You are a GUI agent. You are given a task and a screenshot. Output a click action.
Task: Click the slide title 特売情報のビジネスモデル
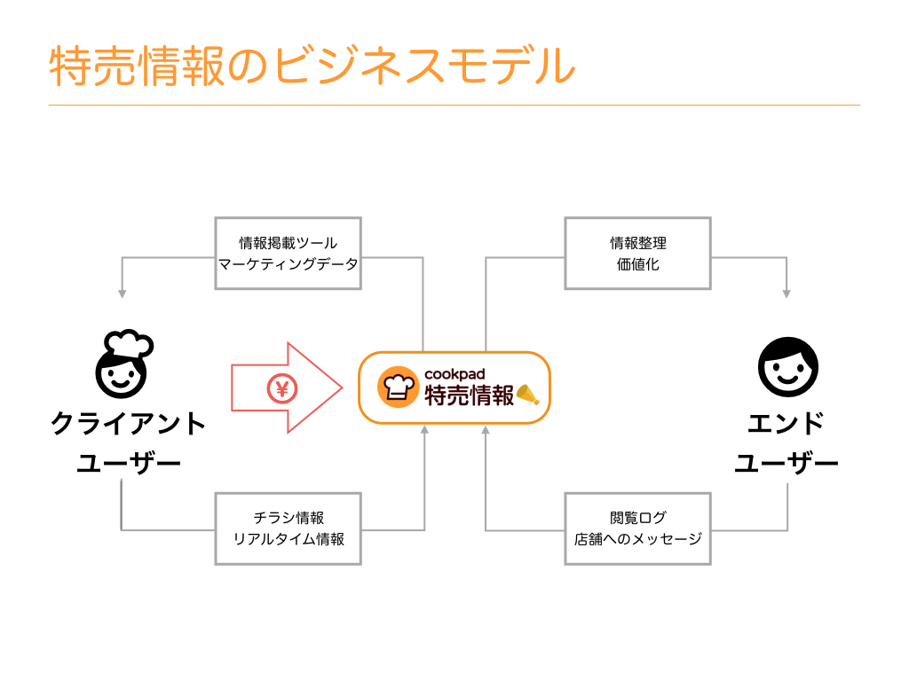click(x=312, y=66)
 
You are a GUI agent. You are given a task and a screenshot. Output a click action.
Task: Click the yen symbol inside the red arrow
click(x=282, y=388)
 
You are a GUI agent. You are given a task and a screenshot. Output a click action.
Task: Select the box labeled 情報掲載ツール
click(x=289, y=253)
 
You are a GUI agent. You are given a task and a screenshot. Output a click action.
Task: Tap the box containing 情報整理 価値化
click(x=637, y=253)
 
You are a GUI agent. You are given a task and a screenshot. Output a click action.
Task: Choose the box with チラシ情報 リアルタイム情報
click(x=289, y=528)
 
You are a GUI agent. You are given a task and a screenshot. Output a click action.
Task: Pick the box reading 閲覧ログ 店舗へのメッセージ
click(x=637, y=528)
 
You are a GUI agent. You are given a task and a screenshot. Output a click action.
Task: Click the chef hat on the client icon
click(x=128, y=343)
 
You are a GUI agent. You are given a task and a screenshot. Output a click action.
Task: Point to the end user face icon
click(x=788, y=366)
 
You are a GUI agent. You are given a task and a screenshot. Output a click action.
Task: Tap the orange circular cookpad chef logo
click(x=398, y=387)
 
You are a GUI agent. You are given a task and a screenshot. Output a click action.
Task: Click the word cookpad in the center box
click(x=454, y=375)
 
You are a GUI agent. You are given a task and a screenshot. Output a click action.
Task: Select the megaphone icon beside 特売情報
click(x=527, y=395)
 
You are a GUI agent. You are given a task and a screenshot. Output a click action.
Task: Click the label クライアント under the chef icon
click(x=128, y=423)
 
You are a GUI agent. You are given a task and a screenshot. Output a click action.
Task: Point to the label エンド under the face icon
click(x=786, y=423)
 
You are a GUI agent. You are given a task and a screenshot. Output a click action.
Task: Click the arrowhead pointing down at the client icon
click(x=122, y=294)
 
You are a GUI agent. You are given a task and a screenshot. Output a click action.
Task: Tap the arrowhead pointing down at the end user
click(x=786, y=294)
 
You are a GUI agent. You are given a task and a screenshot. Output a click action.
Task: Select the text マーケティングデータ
click(x=289, y=264)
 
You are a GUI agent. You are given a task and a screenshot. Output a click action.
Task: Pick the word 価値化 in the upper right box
click(x=637, y=264)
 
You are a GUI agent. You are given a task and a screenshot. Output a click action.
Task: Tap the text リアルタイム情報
click(x=289, y=539)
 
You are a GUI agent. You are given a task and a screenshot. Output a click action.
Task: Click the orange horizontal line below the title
click(x=454, y=106)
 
